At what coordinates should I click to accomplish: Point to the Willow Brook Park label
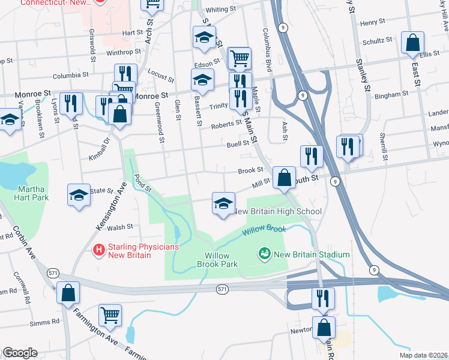pos(217,259)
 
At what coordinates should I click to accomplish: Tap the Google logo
pos(20,353)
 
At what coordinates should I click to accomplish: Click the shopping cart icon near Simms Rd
pos(110,314)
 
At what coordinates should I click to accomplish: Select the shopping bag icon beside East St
pos(412,43)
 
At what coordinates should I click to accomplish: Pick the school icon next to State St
pos(79,195)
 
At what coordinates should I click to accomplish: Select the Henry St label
pos(372,22)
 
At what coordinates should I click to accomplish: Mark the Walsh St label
pos(119,227)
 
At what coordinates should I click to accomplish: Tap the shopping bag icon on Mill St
pos(284,178)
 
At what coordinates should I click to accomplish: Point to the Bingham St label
pos(391,94)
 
